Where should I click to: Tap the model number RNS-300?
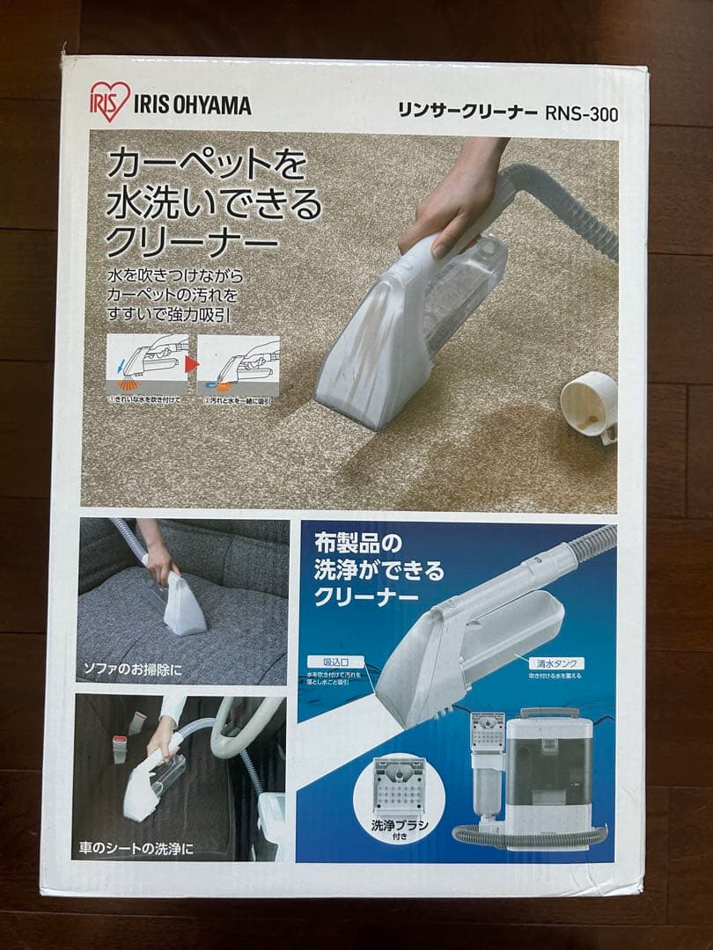coord(582,113)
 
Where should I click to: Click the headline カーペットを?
coord(206,164)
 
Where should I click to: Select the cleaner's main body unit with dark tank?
coord(550,765)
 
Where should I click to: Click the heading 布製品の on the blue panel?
coord(352,545)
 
